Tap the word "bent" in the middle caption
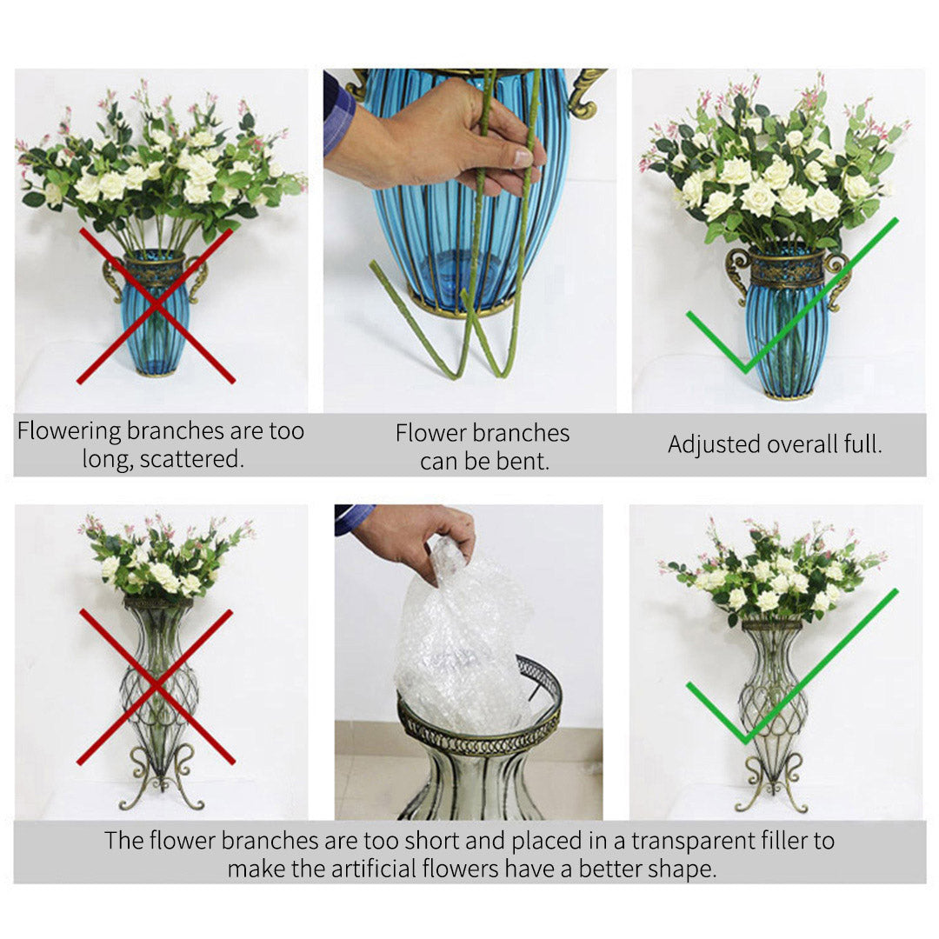click(x=525, y=461)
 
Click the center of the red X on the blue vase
click(x=156, y=305)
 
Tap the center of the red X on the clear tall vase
click(x=156, y=687)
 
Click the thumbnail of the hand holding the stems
click(x=469, y=239)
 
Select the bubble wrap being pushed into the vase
click(x=461, y=643)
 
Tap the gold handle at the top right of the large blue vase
click(x=586, y=91)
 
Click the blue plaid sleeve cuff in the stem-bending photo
click(x=339, y=113)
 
